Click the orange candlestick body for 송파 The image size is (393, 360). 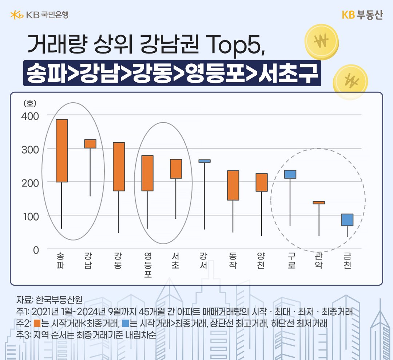coord(61,150)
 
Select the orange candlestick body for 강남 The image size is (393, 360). coord(90,144)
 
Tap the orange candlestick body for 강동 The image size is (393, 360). coord(119,166)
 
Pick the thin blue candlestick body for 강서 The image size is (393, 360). coord(205,161)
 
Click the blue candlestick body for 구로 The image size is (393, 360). coord(290,174)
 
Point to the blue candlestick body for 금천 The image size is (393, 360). coord(347,220)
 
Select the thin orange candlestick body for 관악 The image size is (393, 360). coord(319,203)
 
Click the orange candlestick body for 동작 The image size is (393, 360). coord(233,185)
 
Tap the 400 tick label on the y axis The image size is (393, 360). coord(31,116)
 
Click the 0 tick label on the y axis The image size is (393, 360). coord(36,250)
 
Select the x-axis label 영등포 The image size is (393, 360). coord(147,265)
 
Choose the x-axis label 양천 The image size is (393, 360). coord(261,261)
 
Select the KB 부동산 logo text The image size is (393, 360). coord(362,15)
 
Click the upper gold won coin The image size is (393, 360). coord(322,41)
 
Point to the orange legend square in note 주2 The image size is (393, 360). coord(36,323)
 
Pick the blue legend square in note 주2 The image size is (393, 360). coord(126,323)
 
